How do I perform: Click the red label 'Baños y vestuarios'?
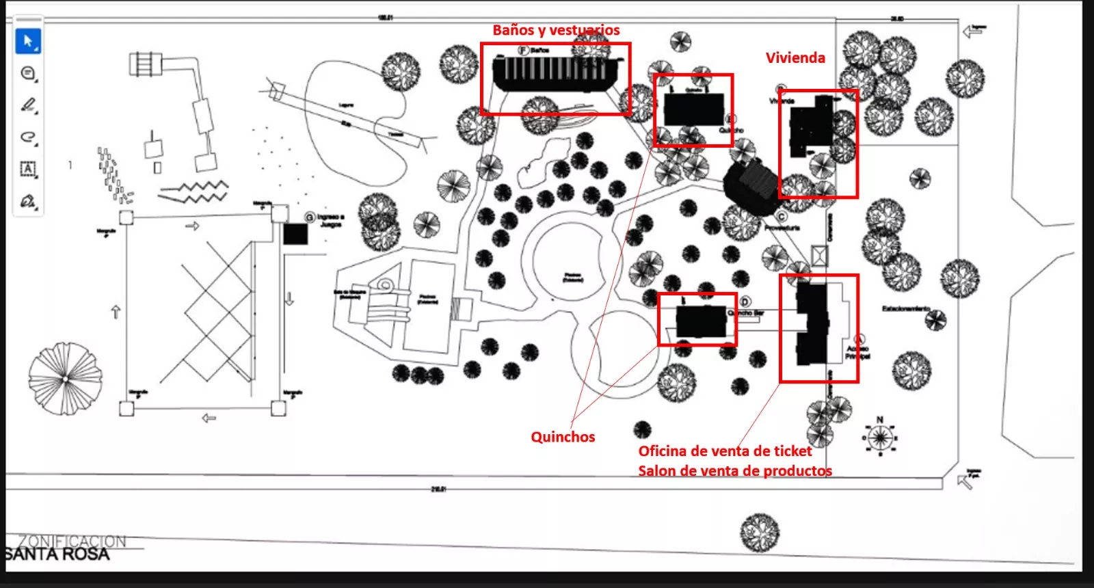point(556,30)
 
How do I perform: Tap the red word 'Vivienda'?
point(795,58)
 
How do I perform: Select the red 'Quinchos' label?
point(563,437)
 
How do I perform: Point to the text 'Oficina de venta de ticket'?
point(725,451)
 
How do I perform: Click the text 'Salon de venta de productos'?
point(735,471)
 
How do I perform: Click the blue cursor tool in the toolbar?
point(28,41)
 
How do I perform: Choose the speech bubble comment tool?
point(28,73)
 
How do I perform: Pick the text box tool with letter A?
point(28,169)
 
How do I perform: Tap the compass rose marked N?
point(880,437)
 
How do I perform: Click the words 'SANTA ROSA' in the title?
point(57,554)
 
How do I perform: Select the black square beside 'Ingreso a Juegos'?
point(295,234)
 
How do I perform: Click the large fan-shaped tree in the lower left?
point(65,378)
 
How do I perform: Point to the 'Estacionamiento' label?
point(905,309)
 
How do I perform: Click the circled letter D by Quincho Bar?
point(745,302)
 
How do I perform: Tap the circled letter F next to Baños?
point(524,51)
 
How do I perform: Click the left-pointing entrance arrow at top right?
point(973,31)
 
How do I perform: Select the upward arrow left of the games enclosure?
point(116,312)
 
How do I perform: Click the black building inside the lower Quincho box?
point(701,321)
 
